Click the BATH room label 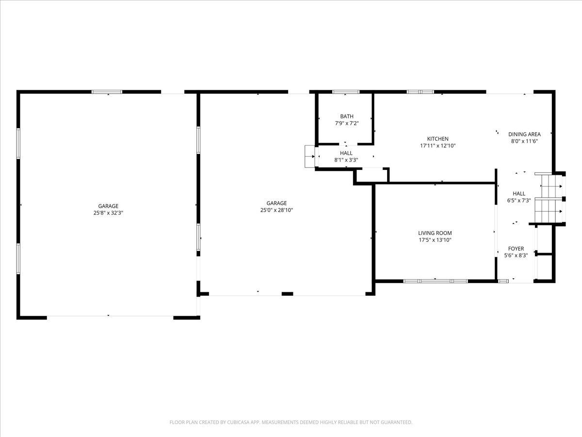[347, 116]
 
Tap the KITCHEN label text [438, 138]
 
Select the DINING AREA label [524, 134]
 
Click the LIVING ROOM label [435, 233]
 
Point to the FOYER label [516, 249]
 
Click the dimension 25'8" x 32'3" [108, 213]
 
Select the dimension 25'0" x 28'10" [276, 210]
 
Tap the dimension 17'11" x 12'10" [438, 145]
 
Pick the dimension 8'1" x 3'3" [346, 160]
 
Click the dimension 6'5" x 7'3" [519, 201]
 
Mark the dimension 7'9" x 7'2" [347, 123]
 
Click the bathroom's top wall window [346, 92]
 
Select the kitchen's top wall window [420, 92]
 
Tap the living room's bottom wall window [436, 281]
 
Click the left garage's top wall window [107, 92]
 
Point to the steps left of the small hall [310, 156]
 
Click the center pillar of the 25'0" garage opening [287, 294]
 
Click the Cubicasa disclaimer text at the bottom [291, 422]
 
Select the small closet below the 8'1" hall [372, 175]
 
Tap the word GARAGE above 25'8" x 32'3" [108, 206]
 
